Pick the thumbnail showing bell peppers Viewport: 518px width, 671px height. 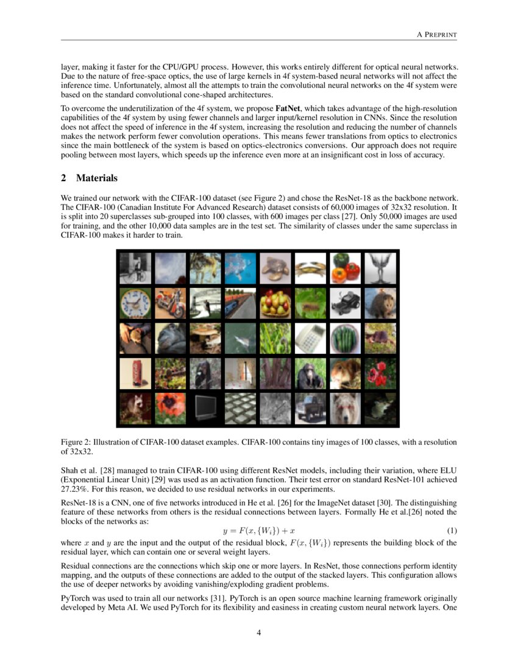coord(344,267)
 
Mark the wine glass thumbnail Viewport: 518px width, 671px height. coord(380,267)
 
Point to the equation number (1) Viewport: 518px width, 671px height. coord(452,531)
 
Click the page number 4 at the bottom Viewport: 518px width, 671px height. coord(259,632)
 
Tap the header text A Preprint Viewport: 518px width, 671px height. coord(437,35)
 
